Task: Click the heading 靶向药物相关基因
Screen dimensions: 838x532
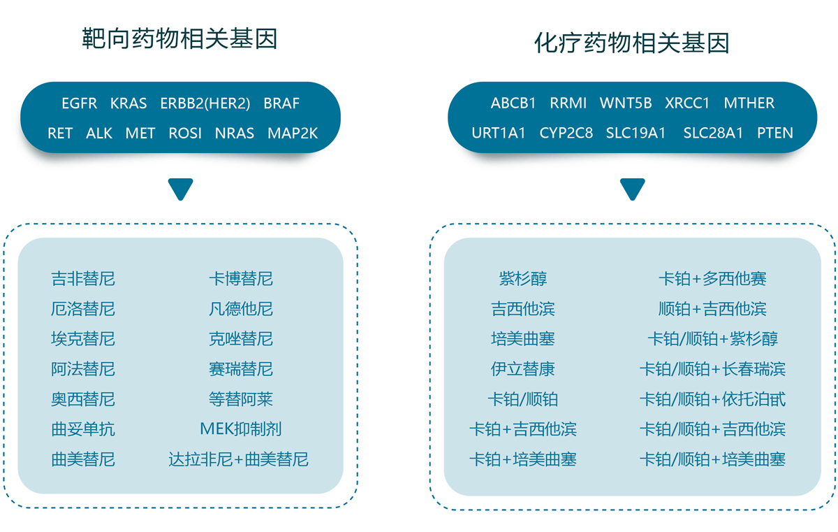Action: (x=179, y=38)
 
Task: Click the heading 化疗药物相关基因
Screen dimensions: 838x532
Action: (x=632, y=43)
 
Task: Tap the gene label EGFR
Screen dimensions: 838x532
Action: (x=80, y=103)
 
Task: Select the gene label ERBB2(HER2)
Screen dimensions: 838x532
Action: (x=205, y=103)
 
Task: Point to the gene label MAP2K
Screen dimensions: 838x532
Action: (x=293, y=134)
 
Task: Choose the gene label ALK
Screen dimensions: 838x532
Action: (x=99, y=134)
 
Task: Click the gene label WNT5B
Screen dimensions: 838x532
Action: (x=626, y=103)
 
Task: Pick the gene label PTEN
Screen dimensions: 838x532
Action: (x=774, y=133)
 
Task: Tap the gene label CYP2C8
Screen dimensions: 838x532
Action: (x=566, y=133)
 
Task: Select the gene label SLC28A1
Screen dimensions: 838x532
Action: (x=713, y=133)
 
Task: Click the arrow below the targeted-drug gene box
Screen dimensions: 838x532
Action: (x=181, y=189)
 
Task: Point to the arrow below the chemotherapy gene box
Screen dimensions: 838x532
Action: (x=633, y=189)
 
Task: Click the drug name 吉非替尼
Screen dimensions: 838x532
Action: (x=83, y=279)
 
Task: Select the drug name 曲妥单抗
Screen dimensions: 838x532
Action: (x=83, y=429)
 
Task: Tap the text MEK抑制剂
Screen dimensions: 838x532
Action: (x=241, y=429)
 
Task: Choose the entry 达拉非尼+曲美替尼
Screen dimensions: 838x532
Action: (x=238, y=459)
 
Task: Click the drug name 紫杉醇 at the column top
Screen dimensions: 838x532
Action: (x=523, y=279)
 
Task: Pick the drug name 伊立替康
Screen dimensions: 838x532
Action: (x=523, y=369)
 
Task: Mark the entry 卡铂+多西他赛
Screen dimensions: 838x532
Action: (x=713, y=279)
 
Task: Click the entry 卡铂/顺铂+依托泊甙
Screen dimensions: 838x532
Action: (x=713, y=399)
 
